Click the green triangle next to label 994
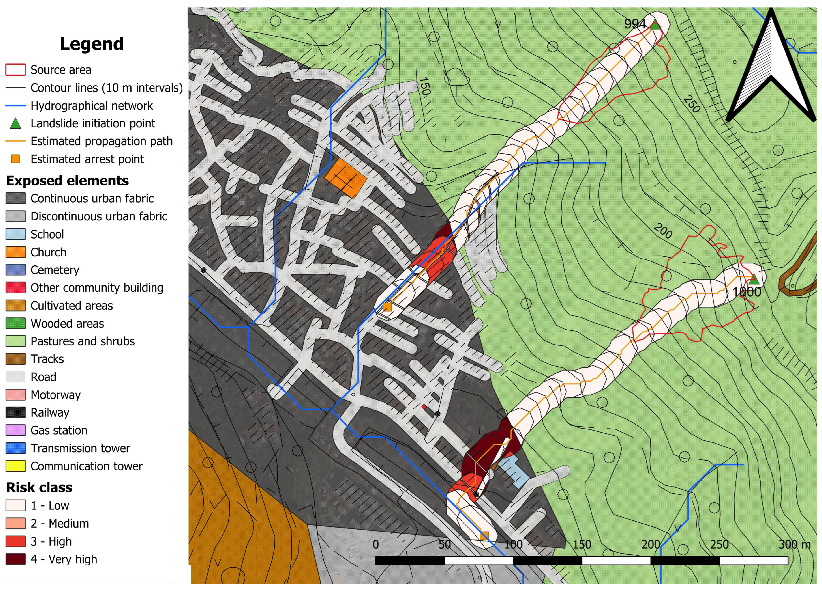[655, 25]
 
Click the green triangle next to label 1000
[754, 279]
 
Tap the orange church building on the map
[346, 178]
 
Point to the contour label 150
[424, 86]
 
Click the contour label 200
[663, 231]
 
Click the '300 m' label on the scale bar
[794, 544]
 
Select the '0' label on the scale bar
[376, 544]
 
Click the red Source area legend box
[16, 69]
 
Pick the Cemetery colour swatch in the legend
[16, 270]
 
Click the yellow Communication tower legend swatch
[16, 466]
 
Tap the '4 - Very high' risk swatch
[16, 559]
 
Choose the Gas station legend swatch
[16, 430]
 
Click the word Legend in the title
[92, 44]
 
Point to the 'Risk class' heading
[39, 487]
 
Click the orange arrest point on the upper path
[387, 307]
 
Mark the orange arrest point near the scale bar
[484, 535]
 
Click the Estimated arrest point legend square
[15, 159]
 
